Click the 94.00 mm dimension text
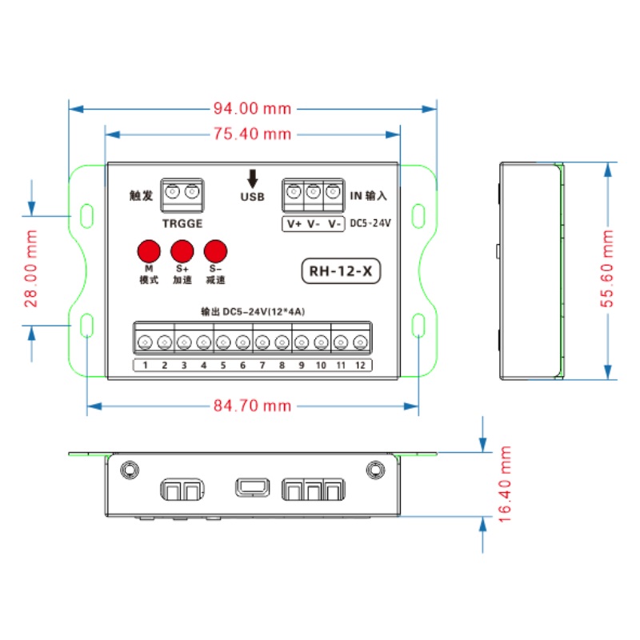tap(252, 109)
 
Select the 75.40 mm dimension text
tap(252, 134)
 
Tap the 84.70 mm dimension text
tap(252, 406)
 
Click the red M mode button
tap(148, 250)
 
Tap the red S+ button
tap(182, 250)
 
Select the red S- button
tap(215, 250)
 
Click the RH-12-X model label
tap(341, 271)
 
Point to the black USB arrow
tap(253, 178)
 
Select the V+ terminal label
tap(294, 224)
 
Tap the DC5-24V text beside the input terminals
tap(370, 224)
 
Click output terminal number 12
tap(361, 366)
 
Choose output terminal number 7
tap(262, 366)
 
